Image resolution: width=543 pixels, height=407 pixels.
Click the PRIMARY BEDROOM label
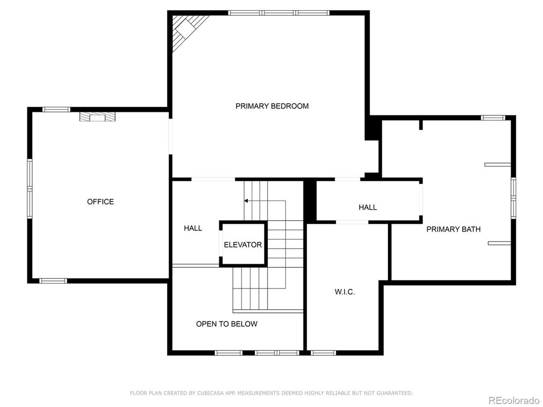[272, 106]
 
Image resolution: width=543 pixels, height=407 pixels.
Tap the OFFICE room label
[100, 202]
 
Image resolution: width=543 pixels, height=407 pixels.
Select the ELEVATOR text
[243, 245]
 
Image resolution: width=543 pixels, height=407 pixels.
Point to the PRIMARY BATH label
[453, 229]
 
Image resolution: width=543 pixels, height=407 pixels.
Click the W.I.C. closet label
[344, 292]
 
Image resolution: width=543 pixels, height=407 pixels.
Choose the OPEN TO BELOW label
[226, 324]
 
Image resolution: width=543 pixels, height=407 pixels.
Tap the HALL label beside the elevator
[192, 228]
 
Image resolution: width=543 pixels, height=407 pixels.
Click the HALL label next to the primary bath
[368, 208]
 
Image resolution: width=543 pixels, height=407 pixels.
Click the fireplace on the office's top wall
[97, 117]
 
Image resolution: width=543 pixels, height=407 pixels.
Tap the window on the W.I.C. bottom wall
[323, 353]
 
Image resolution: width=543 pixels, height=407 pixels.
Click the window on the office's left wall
[29, 188]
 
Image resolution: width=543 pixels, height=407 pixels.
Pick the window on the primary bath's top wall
[493, 118]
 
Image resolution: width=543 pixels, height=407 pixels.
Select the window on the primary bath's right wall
[513, 198]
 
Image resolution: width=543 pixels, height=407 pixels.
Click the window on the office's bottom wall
[53, 280]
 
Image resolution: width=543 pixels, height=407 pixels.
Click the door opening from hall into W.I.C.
[352, 222]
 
